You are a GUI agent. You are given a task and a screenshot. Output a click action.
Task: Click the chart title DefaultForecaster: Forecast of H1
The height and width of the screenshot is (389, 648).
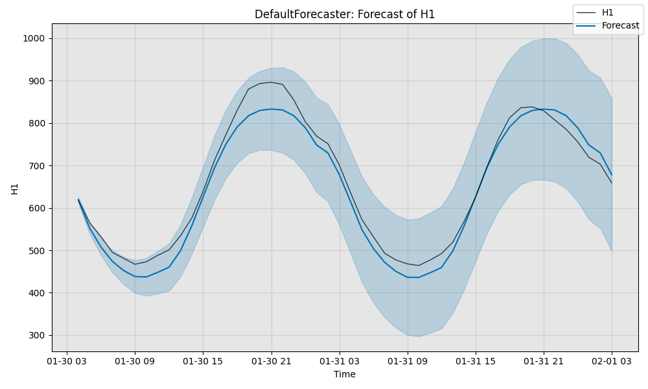[345, 14]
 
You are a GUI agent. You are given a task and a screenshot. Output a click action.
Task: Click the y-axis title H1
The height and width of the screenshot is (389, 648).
[14, 188]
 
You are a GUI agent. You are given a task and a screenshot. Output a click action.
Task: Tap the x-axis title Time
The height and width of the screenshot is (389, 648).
[345, 374]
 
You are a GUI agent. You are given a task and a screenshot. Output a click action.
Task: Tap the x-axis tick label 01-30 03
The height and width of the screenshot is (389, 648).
[67, 361]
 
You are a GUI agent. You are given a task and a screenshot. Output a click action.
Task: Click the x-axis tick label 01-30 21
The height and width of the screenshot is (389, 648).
[271, 361]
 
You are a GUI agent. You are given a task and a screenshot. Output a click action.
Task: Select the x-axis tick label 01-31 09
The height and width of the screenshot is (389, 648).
[408, 361]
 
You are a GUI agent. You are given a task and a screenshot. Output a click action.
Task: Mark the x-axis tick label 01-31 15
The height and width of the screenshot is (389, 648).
[476, 361]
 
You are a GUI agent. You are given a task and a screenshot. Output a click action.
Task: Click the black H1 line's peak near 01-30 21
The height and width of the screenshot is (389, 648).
[271, 82]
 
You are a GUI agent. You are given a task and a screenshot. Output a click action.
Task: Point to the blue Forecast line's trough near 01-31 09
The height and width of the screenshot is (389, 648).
[419, 277]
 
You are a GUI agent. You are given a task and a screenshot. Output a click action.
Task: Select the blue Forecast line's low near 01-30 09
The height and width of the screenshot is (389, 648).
[146, 277]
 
